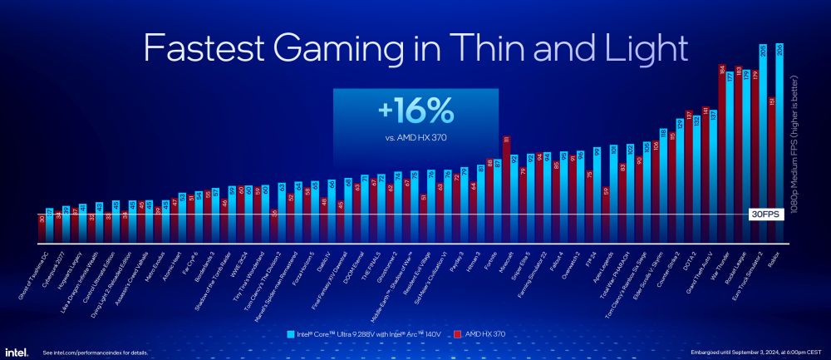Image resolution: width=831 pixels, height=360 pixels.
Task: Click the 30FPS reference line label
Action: pyautogui.click(x=765, y=214)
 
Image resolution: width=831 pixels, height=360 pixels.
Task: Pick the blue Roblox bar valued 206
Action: pyautogui.click(x=779, y=141)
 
